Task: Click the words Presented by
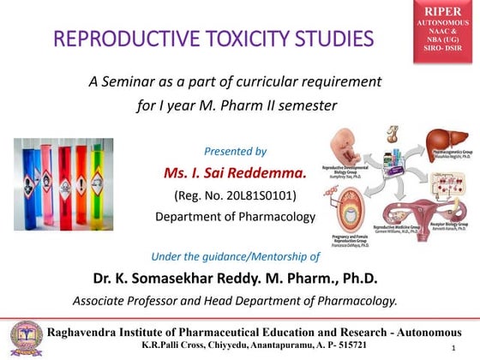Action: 236,152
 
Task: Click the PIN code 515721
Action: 347,345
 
